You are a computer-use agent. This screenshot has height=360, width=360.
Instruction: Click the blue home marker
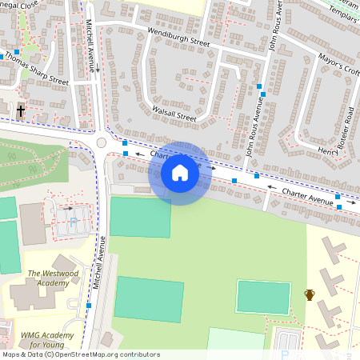180,173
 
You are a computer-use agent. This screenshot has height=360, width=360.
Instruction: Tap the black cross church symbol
20,110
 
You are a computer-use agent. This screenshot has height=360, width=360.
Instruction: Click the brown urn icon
310,294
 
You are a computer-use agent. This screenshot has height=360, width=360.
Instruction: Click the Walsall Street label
174,113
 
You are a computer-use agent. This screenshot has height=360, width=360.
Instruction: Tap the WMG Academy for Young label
47,339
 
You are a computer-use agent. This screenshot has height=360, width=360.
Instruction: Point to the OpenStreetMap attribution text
80,354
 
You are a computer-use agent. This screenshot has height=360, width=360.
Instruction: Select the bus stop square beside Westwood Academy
89,305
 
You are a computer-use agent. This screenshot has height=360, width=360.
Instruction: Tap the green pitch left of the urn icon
263,298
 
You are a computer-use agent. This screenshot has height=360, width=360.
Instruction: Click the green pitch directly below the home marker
140,216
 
